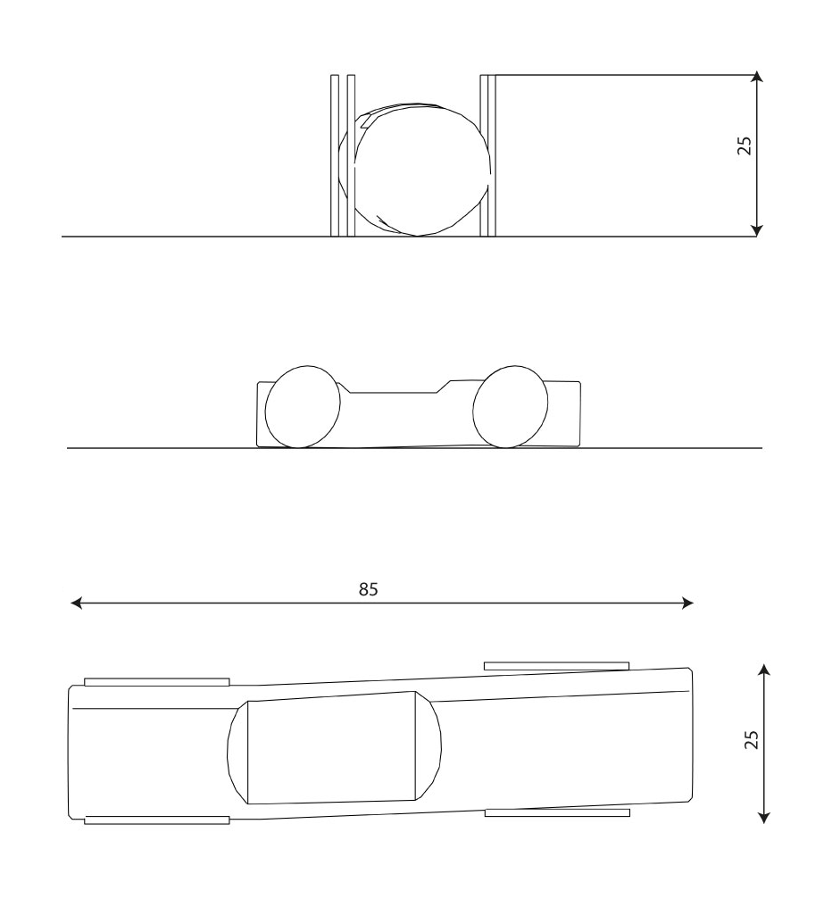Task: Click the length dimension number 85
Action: [x=369, y=589]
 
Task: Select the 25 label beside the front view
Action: [x=745, y=146]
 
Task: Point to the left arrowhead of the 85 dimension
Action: [x=77, y=603]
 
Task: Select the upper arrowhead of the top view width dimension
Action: [x=762, y=668]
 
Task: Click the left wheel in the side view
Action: [x=303, y=406]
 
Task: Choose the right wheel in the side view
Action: [x=510, y=406]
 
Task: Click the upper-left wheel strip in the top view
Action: [x=156, y=682]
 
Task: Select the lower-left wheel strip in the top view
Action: [x=156, y=820]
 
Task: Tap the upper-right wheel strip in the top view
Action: [x=556, y=666]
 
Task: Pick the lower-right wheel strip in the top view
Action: [x=556, y=812]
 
